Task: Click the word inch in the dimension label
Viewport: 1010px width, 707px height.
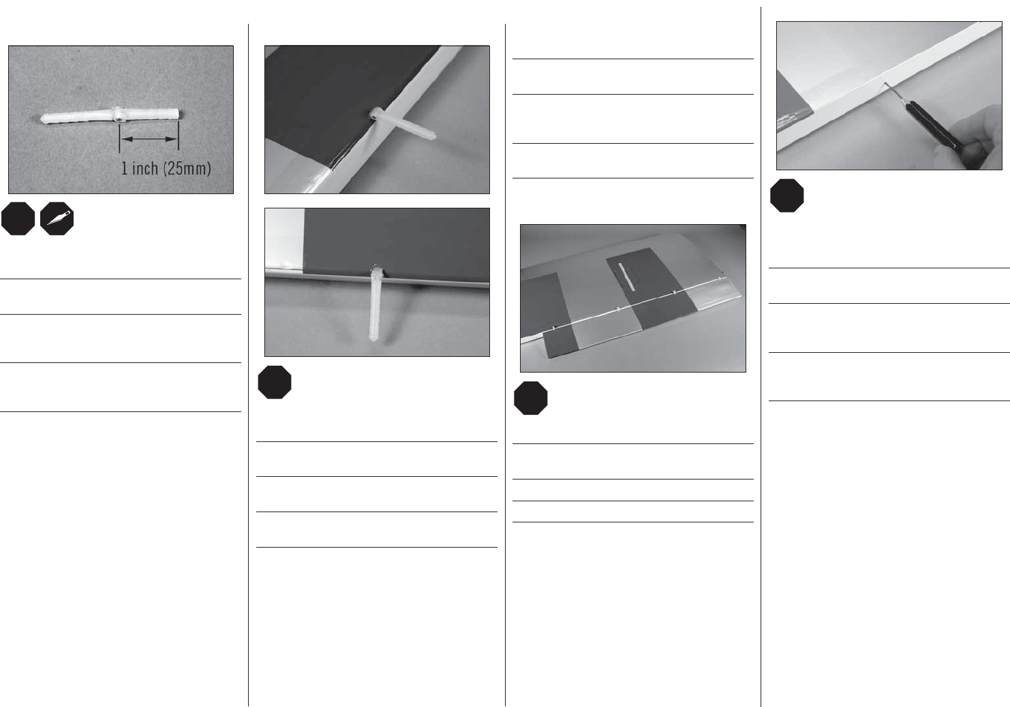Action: click(x=145, y=168)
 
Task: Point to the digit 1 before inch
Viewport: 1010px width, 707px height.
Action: click(x=125, y=168)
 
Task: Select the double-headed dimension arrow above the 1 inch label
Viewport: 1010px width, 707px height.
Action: click(x=149, y=139)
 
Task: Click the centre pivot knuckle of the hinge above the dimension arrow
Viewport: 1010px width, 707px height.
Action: click(x=118, y=115)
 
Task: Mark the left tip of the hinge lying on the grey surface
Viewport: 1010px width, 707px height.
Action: click(x=42, y=119)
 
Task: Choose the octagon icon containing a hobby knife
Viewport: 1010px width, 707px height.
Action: click(x=57, y=219)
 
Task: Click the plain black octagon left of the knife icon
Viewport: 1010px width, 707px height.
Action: click(x=18, y=219)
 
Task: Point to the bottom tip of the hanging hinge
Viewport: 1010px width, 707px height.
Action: click(x=373, y=339)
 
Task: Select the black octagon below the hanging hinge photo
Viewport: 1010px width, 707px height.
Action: click(x=275, y=382)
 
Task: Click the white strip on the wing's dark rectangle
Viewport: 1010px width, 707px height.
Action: click(x=626, y=277)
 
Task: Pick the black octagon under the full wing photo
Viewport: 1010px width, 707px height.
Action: click(x=531, y=398)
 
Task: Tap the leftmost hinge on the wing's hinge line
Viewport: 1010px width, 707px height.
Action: click(x=553, y=328)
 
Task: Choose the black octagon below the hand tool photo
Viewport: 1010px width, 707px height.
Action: click(x=787, y=195)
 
